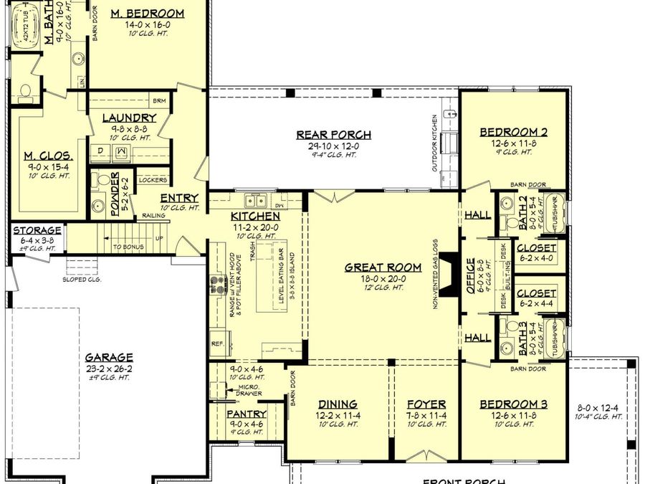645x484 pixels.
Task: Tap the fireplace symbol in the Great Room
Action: (446, 274)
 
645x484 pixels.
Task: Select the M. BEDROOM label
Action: (148, 13)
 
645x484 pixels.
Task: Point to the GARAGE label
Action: (109, 356)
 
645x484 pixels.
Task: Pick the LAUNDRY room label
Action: (129, 118)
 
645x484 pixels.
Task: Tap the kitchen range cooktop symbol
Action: (216, 284)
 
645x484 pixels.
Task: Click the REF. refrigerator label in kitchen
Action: (217, 343)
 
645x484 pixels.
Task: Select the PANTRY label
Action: (247, 414)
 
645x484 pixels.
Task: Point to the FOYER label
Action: (426, 404)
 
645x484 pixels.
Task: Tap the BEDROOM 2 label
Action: (514, 131)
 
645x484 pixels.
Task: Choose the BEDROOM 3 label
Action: (513, 404)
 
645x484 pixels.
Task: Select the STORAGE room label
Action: (37, 230)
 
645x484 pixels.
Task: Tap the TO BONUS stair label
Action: (128, 247)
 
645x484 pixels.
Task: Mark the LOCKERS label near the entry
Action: (153, 180)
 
